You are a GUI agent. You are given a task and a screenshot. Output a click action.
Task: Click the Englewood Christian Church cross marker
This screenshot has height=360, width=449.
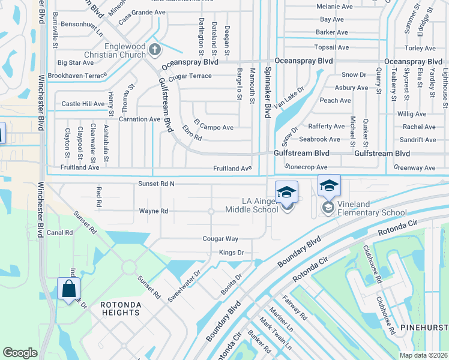pos(155,50)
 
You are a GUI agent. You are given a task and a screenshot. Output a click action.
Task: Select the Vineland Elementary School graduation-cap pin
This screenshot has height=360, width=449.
pos(329,186)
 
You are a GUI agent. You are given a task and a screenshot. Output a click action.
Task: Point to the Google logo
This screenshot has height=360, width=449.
pos(20,353)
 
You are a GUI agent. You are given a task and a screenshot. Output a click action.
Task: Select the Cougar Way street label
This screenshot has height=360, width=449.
pos(220,239)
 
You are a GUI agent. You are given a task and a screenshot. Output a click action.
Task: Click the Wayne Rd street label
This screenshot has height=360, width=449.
pos(154,211)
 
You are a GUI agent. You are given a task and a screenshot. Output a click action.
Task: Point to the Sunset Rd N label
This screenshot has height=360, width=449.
pos(156,184)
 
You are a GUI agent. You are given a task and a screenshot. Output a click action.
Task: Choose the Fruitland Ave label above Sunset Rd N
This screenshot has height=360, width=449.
pos(232,169)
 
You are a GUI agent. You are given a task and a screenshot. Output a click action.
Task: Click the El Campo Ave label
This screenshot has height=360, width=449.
pos(213,127)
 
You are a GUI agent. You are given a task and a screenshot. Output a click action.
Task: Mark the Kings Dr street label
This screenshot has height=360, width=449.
pos(231,253)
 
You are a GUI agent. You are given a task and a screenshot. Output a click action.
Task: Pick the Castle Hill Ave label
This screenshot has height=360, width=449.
pos(83,104)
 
